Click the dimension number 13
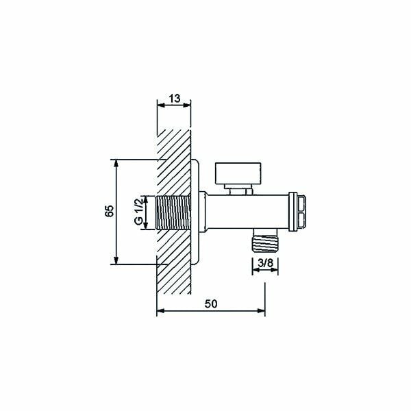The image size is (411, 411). (175, 99)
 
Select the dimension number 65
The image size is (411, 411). (110, 211)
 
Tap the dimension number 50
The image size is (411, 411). (211, 303)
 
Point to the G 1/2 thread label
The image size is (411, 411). (138, 212)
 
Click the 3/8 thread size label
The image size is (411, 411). (265, 263)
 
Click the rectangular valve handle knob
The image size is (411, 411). (238, 173)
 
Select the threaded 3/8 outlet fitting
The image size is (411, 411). (264, 240)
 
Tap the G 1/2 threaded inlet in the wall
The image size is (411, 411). (173, 213)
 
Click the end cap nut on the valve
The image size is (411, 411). (297, 212)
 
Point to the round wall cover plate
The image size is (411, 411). (195, 212)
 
